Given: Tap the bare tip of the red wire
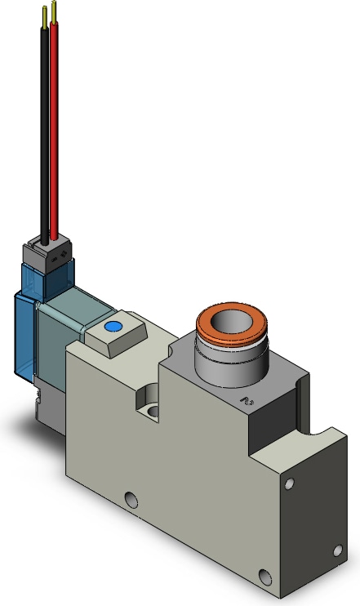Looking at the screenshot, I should click(x=54, y=11).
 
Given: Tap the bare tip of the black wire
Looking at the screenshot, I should click(x=42, y=12).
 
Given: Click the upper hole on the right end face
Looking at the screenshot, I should click(x=290, y=484).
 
